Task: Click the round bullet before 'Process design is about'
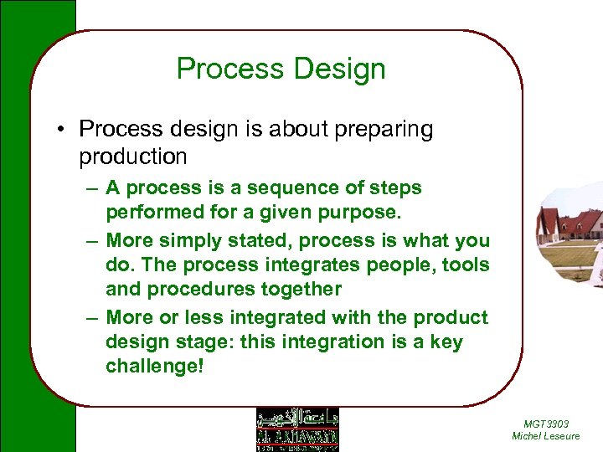[x=63, y=130]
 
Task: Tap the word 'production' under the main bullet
[x=133, y=157]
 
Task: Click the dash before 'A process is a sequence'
[x=93, y=188]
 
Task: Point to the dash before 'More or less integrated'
[x=93, y=318]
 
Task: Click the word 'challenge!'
[x=154, y=367]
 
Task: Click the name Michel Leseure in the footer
[x=545, y=436]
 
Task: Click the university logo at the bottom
[x=297, y=429]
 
